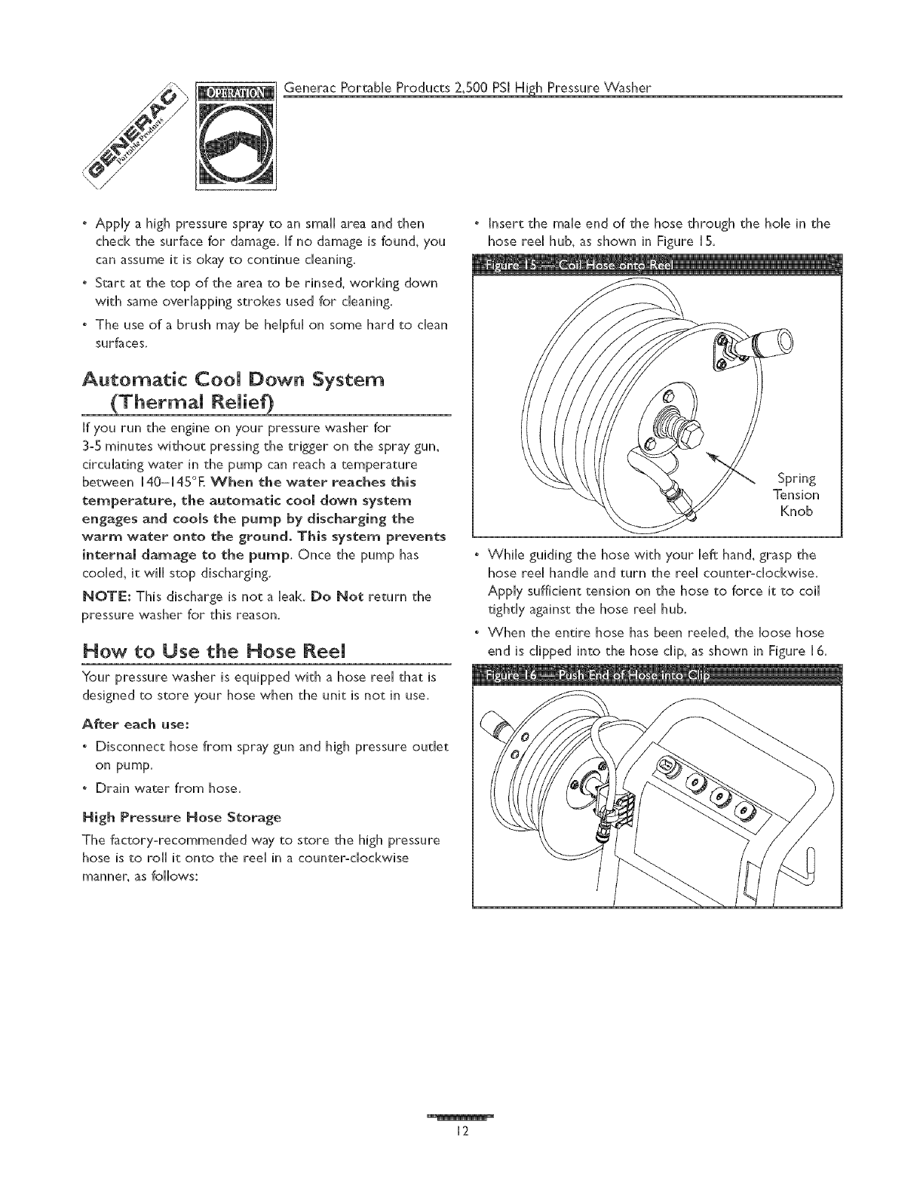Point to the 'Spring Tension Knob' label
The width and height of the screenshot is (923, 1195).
[797, 495]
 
